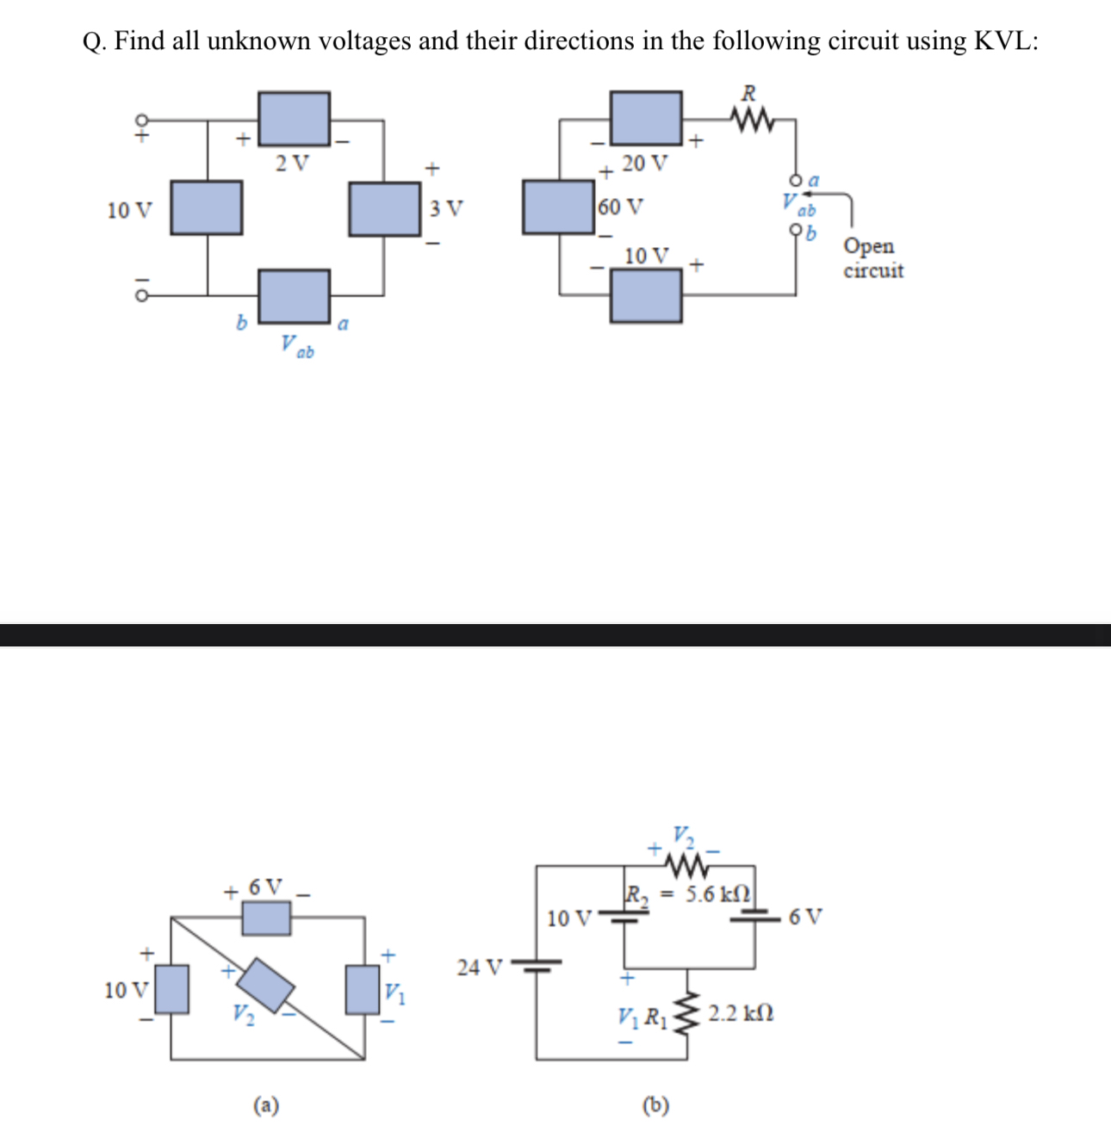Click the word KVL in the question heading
click(1004, 41)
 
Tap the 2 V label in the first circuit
click(292, 162)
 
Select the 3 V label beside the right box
click(446, 208)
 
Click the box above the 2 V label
click(294, 118)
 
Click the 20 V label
click(644, 163)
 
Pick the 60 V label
click(621, 207)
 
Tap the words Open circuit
click(872, 258)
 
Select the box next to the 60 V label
click(557, 207)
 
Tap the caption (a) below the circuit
click(266, 1105)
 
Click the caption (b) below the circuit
click(656, 1105)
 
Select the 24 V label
click(479, 968)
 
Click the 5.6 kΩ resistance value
click(717, 894)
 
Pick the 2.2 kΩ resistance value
click(740, 1013)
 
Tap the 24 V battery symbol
click(537, 966)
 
